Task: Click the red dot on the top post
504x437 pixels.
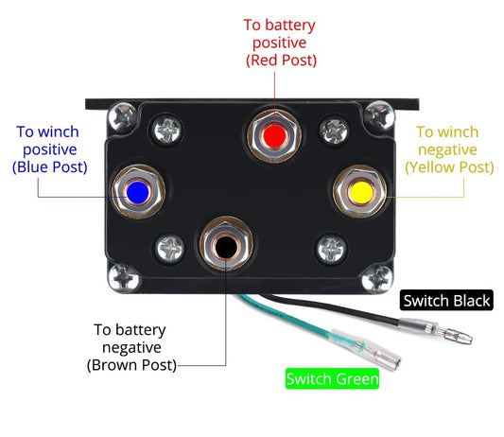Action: [275, 135]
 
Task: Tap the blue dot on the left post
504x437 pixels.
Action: [137, 193]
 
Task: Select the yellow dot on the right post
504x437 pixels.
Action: [361, 193]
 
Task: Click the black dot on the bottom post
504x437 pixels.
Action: [226, 247]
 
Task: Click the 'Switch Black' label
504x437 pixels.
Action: [446, 301]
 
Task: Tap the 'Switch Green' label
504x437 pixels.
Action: [332, 378]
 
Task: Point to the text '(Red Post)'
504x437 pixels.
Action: [281, 61]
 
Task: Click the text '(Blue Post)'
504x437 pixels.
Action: [50, 166]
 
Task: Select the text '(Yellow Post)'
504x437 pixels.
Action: [449, 167]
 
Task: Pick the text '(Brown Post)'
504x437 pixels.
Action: [131, 365]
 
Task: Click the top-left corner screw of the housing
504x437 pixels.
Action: [123, 117]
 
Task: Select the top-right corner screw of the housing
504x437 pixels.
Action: [379, 115]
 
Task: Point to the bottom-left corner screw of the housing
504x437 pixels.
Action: [124, 278]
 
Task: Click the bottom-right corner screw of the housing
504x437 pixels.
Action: [377, 278]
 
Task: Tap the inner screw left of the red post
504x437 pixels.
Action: [167, 131]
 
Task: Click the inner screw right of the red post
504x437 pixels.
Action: [335, 131]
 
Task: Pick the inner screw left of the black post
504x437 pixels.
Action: [169, 248]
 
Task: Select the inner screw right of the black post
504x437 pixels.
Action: [331, 249]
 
